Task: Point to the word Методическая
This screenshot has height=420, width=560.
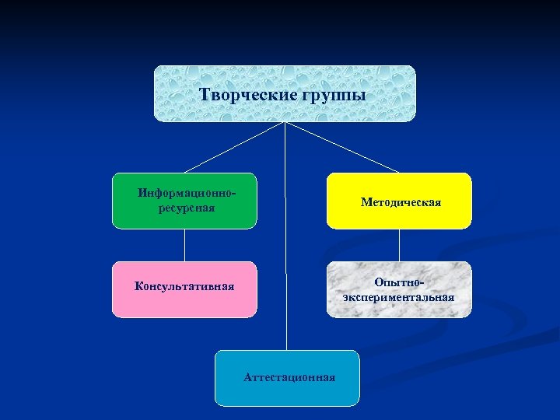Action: coord(401,202)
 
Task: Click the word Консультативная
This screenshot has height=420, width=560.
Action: coord(184,285)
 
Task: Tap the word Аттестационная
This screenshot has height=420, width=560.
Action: coord(289,377)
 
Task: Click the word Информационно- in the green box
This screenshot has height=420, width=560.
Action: coord(187,192)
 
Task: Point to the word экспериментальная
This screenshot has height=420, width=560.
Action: coord(399,297)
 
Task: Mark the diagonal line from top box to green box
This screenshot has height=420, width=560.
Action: coord(233,147)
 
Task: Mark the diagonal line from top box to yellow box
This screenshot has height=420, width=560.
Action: coord(342,147)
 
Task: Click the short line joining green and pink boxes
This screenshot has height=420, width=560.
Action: coord(184,245)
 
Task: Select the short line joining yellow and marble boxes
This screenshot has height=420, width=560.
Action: coord(399,245)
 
